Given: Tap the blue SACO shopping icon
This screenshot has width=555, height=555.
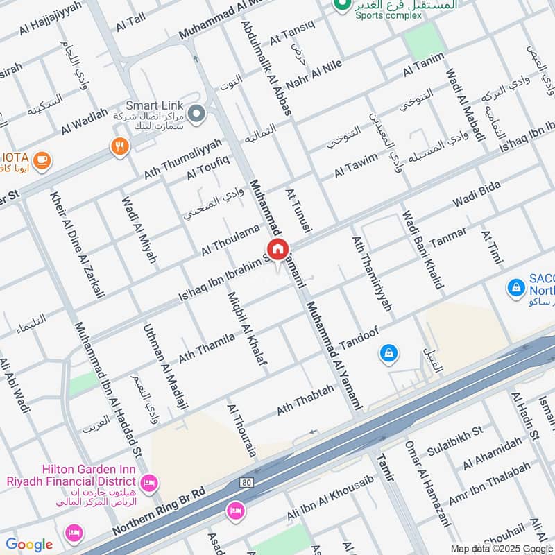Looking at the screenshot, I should [515, 286].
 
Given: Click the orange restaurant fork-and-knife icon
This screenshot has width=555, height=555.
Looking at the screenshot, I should [120, 146].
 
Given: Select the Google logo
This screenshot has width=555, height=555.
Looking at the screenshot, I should [29, 545].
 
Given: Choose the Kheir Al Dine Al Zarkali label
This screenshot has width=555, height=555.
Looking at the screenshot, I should [77, 243].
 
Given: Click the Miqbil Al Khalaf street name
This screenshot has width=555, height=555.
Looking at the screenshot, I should [248, 330].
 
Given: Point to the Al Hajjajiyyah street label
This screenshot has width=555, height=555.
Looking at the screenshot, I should [50, 19].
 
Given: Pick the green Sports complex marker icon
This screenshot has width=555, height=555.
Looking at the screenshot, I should [341, 5].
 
